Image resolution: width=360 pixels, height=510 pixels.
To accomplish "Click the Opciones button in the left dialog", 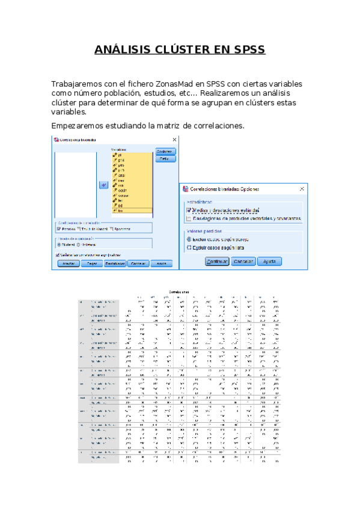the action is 165,152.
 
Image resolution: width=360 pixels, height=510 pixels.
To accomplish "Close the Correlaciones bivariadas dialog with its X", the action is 174,140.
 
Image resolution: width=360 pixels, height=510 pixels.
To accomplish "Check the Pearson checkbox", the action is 58,229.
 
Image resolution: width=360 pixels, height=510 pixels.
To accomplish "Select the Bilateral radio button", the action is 58,244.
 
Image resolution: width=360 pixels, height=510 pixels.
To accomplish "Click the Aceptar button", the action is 69,263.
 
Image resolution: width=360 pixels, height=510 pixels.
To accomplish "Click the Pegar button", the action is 91,263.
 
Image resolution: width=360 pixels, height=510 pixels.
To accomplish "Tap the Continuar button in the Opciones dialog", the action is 217,262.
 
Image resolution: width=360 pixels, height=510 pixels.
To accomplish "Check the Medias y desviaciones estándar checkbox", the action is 189,210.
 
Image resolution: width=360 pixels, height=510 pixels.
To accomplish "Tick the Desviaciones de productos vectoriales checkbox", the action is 189,218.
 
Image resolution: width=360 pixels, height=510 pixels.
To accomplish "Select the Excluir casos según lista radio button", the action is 189,247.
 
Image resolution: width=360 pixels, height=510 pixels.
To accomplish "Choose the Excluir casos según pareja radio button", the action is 189,239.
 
